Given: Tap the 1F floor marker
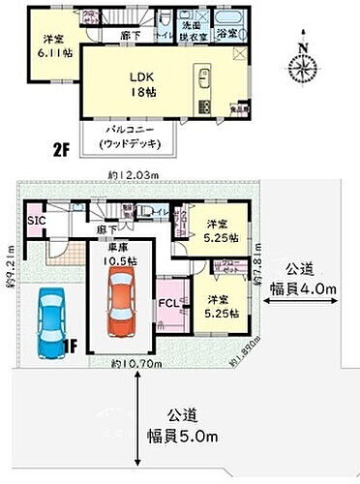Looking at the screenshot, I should [70, 342].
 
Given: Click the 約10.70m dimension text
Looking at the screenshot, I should [132, 364].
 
